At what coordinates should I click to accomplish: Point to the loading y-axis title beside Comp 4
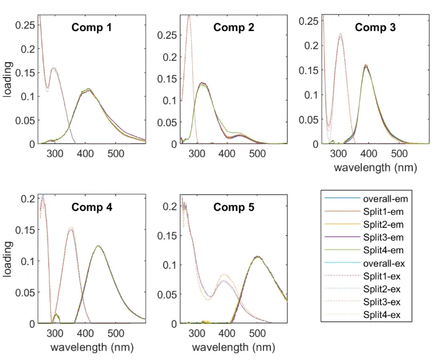click(9, 261)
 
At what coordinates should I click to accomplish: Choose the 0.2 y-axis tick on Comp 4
click(27, 199)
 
